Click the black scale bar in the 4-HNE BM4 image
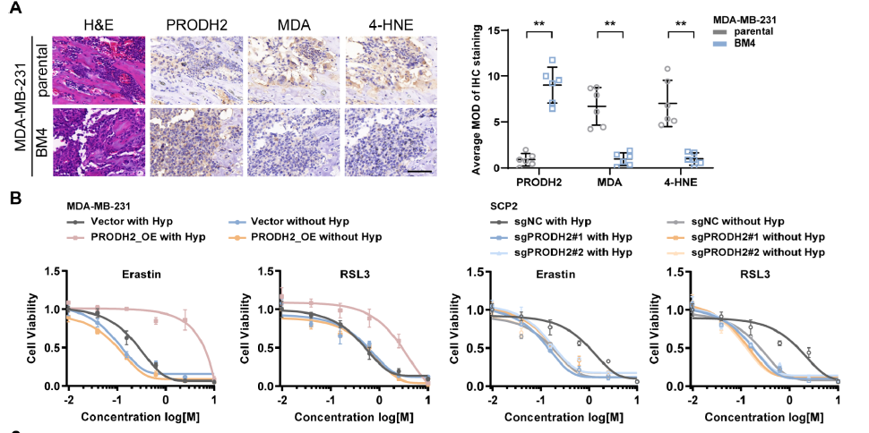coord(421,169)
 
